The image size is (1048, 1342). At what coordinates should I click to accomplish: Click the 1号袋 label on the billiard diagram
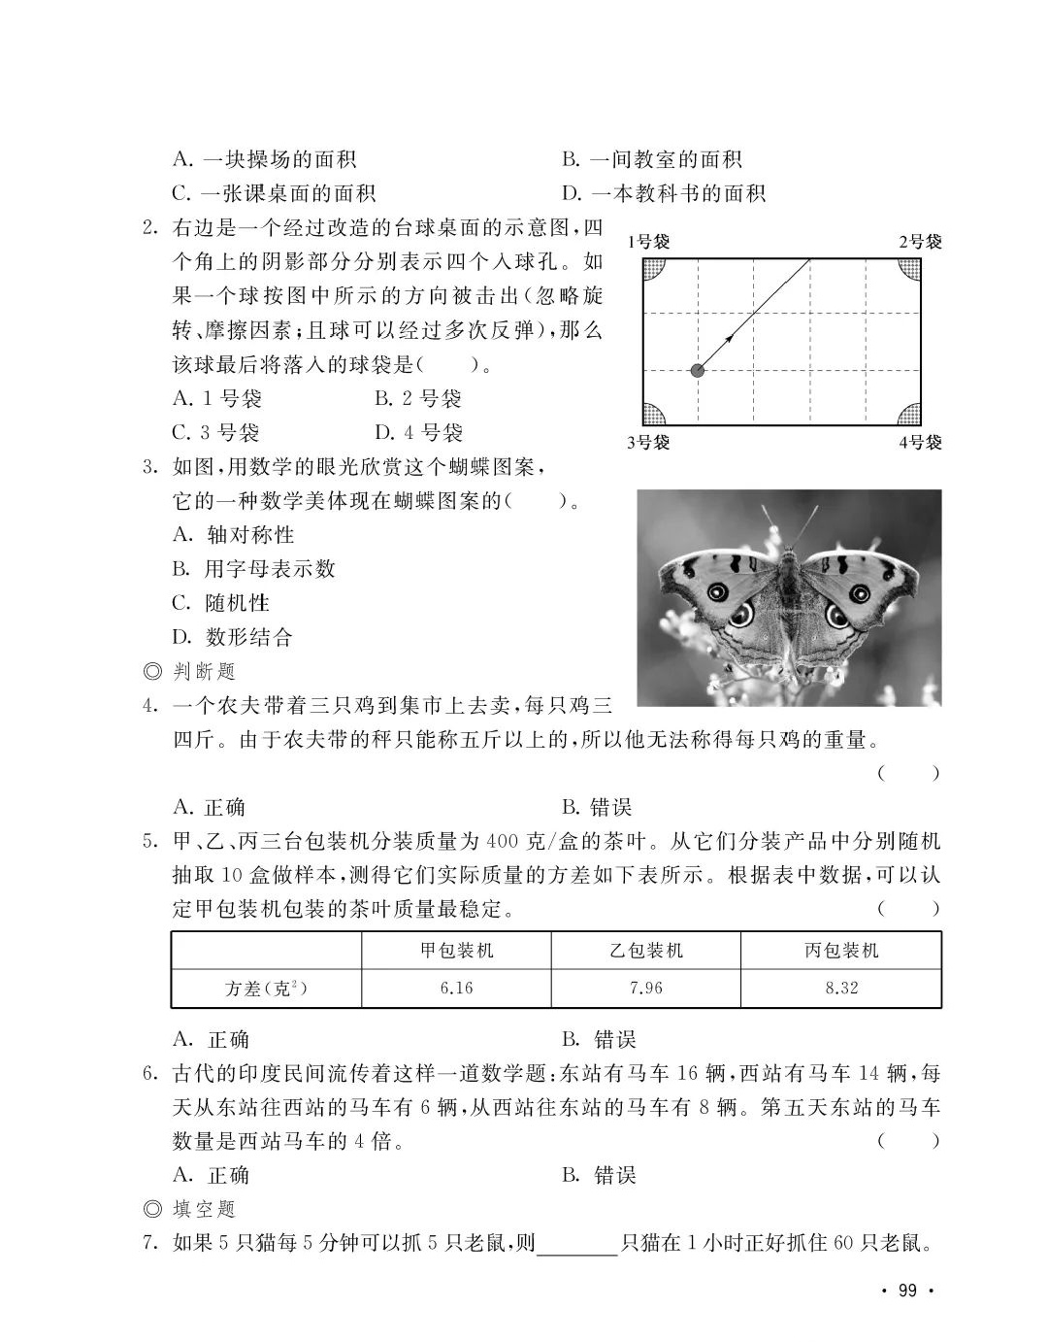[648, 242]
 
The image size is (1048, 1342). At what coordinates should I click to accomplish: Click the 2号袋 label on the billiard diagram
[919, 242]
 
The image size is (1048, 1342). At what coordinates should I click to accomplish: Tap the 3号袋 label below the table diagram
[648, 443]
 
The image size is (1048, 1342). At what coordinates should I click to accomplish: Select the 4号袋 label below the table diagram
[919, 443]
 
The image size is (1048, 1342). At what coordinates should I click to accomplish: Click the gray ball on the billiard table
[697, 370]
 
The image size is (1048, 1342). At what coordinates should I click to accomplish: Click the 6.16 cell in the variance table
[456, 989]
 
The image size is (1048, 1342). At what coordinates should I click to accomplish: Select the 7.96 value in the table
[645, 989]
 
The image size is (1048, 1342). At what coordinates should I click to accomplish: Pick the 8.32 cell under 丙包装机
[840, 989]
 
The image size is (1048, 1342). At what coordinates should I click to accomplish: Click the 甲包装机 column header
[456, 951]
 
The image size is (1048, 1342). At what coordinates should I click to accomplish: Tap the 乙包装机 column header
[645, 951]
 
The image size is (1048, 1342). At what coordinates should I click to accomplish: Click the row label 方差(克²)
[266, 989]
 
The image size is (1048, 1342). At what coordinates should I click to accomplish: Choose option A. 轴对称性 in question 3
[233, 535]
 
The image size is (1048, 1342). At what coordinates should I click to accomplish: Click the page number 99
[907, 1291]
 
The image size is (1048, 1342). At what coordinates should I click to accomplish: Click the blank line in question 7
[576, 1245]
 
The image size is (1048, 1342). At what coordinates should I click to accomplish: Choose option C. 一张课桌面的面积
[274, 193]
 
